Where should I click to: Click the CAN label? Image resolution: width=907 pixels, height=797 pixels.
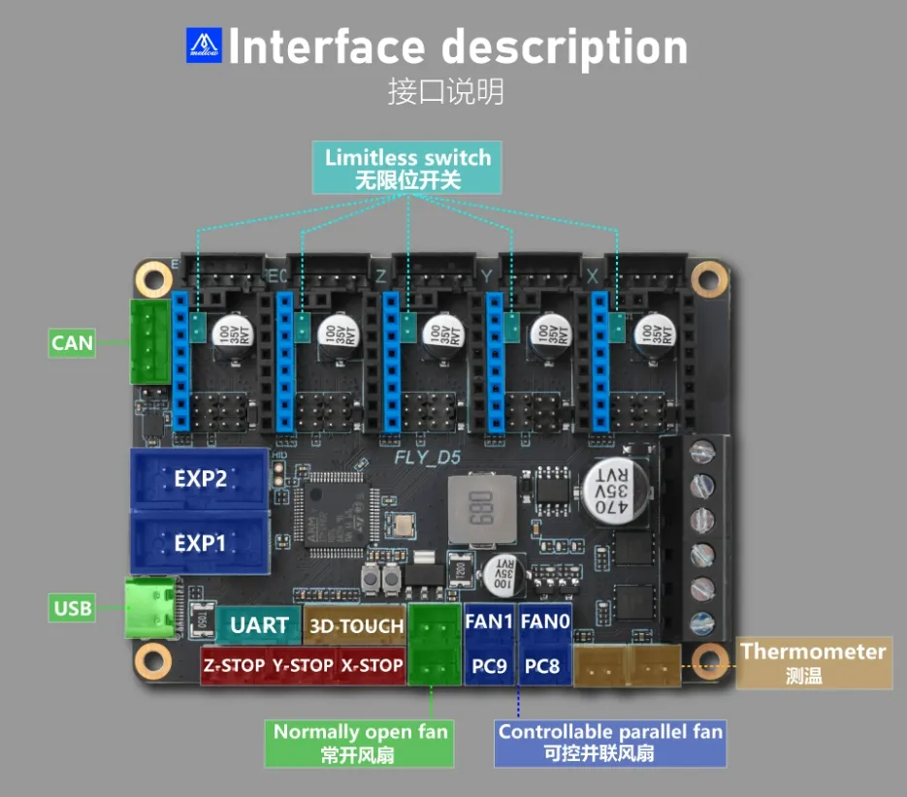[73, 342]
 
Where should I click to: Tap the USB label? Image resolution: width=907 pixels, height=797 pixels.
[73, 608]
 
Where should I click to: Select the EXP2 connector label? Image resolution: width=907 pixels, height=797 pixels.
[200, 479]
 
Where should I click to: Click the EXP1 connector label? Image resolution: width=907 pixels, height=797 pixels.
[200, 543]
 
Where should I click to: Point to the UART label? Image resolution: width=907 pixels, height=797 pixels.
[259, 625]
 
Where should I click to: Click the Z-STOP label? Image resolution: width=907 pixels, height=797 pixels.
[233, 666]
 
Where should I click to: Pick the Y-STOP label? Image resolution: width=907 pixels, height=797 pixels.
[303, 666]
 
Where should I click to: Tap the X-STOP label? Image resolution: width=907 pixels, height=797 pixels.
[372, 666]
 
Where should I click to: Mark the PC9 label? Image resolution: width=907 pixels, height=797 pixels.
[489, 666]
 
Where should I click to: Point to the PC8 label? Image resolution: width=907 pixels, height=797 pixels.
[542, 666]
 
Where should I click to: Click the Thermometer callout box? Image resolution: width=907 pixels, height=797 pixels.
[814, 663]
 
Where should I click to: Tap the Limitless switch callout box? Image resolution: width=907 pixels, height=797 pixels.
[407, 168]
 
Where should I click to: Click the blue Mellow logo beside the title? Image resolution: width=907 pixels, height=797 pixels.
[204, 46]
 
